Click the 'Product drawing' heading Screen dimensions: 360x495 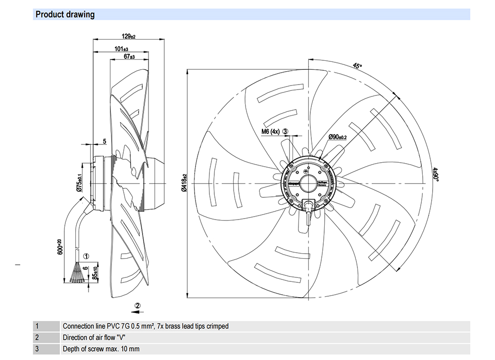65,14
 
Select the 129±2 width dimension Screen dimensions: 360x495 129,36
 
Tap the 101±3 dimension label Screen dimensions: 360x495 121,49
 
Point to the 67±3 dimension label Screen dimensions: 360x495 129,57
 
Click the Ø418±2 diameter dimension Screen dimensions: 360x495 183,183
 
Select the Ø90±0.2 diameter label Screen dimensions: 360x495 338,137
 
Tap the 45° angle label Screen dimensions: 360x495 357,66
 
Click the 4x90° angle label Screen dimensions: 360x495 436,175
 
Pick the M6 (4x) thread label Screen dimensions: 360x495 271,132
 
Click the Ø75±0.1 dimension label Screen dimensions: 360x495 79,182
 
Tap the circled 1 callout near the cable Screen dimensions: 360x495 86,257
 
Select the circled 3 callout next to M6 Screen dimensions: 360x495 286,132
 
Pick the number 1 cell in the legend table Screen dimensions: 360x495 37,326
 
